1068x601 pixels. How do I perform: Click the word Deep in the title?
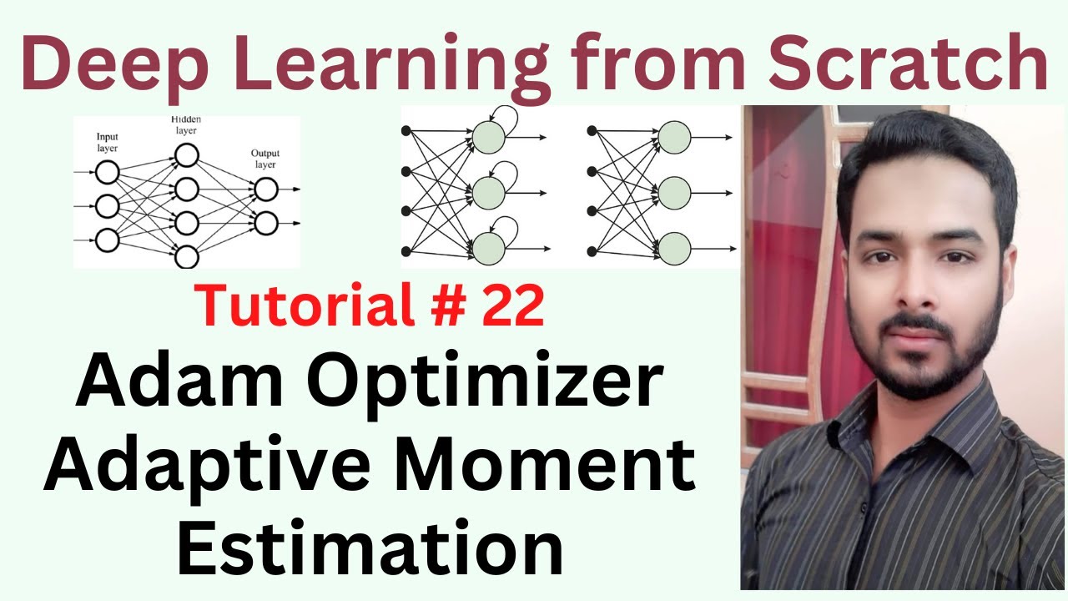point(115,63)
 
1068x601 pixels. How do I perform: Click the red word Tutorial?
point(305,305)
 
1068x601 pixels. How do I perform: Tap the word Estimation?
point(370,548)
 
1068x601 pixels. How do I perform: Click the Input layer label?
point(108,143)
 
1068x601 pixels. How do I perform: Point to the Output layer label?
point(265,159)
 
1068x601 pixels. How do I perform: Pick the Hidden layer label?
point(186,125)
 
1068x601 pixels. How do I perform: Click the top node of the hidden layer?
point(186,155)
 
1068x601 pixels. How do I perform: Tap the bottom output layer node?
point(266,223)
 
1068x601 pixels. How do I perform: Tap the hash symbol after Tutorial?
point(448,305)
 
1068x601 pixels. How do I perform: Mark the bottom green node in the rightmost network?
point(674,249)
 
